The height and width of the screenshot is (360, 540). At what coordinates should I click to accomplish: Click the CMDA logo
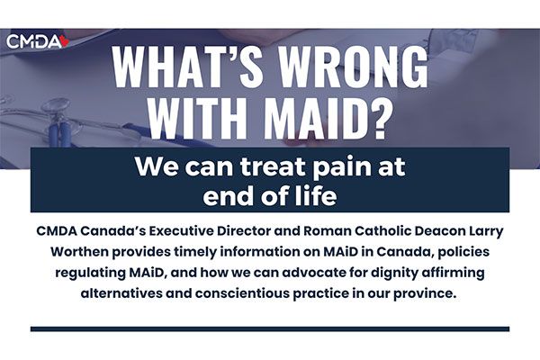[x=38, y=41]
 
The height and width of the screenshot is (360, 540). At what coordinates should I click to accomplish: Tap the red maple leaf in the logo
[x=65, y=41]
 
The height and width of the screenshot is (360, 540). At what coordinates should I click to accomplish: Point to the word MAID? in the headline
[x=326, y=118]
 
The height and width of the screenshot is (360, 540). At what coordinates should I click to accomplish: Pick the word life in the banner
[x=319, y=195]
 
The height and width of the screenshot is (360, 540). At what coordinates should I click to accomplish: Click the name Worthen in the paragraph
[x=79, y=252]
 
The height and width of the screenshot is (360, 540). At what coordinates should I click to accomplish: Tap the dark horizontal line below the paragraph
[x=270, y=329]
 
